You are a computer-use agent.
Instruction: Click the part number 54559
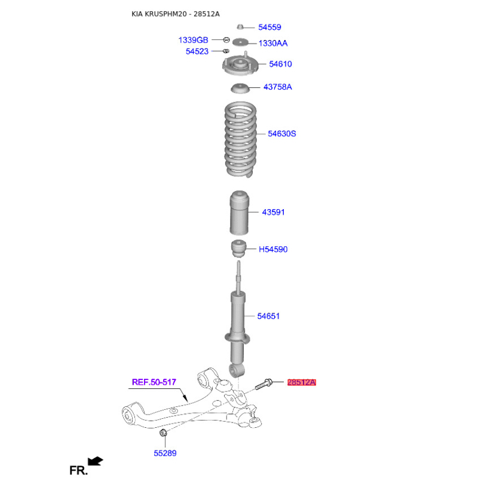click(x=269, y=27)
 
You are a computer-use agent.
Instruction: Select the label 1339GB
click(x=193, y=40)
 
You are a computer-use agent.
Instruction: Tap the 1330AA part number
click(x=273, y=43)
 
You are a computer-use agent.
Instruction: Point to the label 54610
click(x=280, y=64)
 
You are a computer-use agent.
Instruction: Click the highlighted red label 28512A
click(x=302, y=382)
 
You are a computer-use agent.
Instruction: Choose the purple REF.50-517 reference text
click(x=154, y=382)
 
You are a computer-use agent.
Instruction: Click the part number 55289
click(x=165, y=454)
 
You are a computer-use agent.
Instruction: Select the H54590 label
click(x=273, y=249)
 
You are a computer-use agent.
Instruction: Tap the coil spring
click(x=241, y=139)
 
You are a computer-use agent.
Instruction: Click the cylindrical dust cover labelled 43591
click(x=239, y=213)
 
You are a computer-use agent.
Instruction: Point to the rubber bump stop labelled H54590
click(x=238, y=249)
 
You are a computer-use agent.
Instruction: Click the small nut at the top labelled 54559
click(x=240, y=27)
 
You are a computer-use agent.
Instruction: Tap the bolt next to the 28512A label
click(x=263, y=384)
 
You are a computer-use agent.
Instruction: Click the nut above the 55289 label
click(x=163, y=432)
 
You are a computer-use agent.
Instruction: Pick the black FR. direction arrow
click(x=96, y=461)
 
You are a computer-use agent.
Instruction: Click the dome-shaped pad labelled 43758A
click(x=240, y=88)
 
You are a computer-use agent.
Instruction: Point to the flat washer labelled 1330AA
click(x=240, y=42)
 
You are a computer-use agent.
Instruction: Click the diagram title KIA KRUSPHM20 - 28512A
click(x=175, y=14)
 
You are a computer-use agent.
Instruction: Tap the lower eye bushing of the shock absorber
click(x=237, y=370)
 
